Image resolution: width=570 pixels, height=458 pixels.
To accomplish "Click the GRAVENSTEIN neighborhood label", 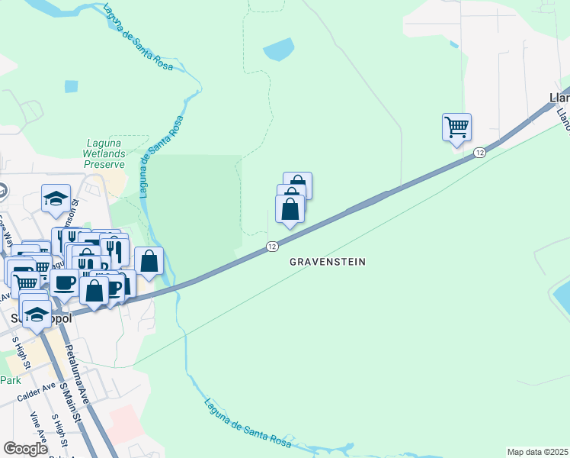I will (x=328, y=262).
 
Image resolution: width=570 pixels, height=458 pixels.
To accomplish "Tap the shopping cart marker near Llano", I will (x=456, y=127).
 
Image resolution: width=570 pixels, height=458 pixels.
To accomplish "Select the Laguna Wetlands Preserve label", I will (x=104, y=153).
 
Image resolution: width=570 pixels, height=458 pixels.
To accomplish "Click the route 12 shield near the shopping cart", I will (x=479, y=153).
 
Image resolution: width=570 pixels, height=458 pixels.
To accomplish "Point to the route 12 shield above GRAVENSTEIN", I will (x=272, y=246).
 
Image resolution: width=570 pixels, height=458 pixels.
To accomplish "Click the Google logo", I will (x=25, y=449).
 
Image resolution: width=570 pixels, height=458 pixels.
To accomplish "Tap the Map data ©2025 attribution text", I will (x=537, y=452).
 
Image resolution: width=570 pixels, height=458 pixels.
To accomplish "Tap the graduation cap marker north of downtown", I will (x=56, y=199).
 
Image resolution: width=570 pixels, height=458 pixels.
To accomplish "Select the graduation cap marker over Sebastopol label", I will (x=36, y=315).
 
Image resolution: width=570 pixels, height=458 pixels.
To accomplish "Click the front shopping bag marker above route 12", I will (x=290, y=209).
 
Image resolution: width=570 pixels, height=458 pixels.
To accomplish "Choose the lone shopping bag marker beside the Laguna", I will (x=149, y=261).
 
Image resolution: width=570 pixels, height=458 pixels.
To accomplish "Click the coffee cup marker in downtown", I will (x=65, y=283).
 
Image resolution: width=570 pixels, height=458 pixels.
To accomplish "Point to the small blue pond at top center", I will (x=279, y=50).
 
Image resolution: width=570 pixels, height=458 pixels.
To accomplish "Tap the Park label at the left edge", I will (x=10, y=380).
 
